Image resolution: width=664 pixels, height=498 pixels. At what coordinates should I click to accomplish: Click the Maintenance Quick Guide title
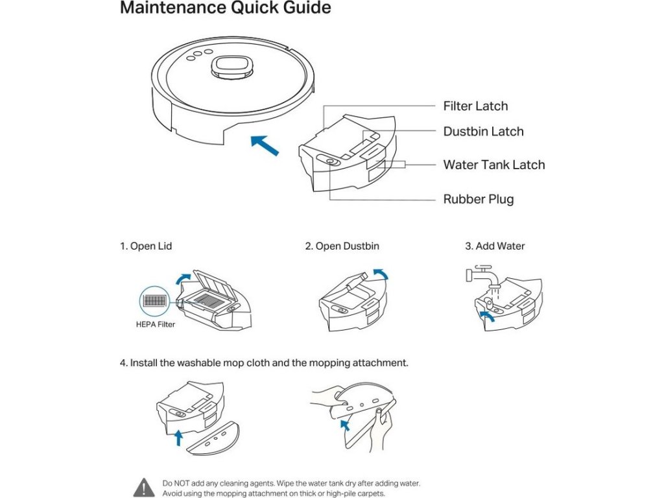[x=226, y=8]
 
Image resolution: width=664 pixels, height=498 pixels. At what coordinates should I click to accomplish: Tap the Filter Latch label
[x=475, y=106]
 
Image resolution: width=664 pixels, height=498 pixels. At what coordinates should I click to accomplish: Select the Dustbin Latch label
[x=483, y=131]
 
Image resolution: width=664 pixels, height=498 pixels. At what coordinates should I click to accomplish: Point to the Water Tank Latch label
[x=493, y=164]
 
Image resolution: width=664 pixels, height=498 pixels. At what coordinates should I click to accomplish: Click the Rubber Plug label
[x=478, y=198]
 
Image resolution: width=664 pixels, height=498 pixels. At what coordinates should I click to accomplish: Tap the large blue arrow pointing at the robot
[x=265, y=145]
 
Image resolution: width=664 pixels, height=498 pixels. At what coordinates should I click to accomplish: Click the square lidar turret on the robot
[x=232, y=66]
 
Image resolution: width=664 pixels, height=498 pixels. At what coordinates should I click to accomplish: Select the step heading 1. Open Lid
[x=146, y=246]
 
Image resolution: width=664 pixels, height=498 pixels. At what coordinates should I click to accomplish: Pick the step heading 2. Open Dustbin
[x=342, y=246]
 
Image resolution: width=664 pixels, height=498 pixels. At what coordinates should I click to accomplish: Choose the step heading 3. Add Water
[x=495, y=246]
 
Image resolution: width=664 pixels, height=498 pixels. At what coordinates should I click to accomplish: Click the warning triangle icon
[x=144, y=487]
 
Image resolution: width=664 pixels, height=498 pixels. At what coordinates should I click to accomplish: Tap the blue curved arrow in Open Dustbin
[x=383, y=275]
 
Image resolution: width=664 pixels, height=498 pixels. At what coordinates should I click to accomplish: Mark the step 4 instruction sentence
[x=264, y=362]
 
